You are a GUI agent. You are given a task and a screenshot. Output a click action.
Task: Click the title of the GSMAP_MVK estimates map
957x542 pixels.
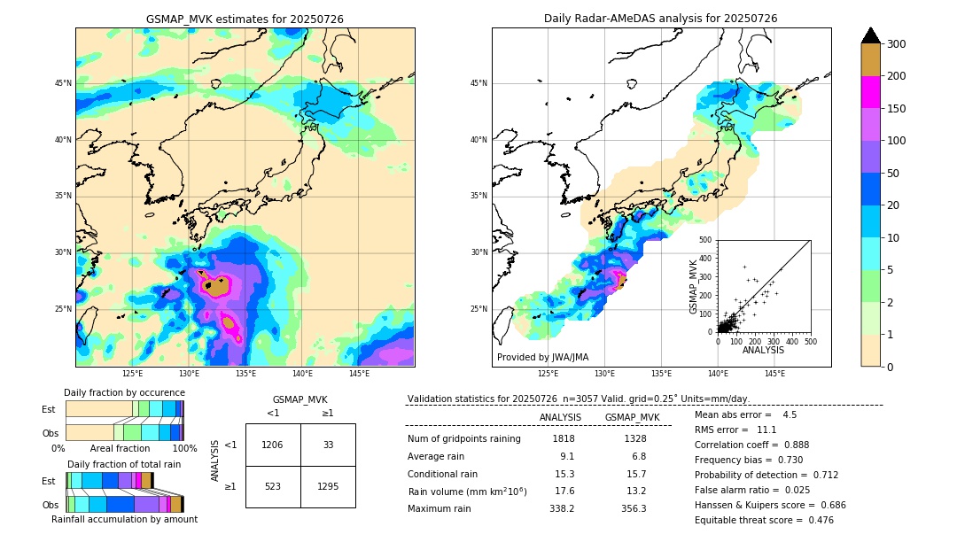(245, 19)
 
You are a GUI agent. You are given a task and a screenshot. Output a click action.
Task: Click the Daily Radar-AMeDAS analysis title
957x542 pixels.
(660, 19)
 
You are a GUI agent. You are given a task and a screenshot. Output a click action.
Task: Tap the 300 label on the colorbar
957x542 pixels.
(896, 44)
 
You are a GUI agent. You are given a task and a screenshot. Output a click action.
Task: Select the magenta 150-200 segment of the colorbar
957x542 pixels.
(870, 92)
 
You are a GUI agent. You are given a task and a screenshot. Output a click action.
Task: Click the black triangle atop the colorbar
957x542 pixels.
(870, 35)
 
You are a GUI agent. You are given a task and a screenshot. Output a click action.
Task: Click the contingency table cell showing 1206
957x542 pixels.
(273, 445)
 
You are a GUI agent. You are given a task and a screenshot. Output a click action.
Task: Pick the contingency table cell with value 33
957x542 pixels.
(328, 445)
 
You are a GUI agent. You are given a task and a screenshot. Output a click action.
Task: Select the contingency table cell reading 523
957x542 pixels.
(273, 486)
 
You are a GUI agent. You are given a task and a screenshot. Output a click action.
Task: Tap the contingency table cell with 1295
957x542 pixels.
(328, 486)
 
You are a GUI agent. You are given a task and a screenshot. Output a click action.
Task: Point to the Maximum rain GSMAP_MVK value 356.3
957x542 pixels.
(634, 508)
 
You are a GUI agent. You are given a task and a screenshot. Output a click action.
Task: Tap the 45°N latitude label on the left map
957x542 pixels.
(63, 83)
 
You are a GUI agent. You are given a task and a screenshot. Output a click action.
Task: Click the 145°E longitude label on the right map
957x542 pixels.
(774, 374)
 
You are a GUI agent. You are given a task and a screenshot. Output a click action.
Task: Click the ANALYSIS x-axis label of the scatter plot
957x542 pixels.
(763, 350)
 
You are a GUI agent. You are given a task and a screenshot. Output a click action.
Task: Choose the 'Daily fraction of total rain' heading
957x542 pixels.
(123, 464)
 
